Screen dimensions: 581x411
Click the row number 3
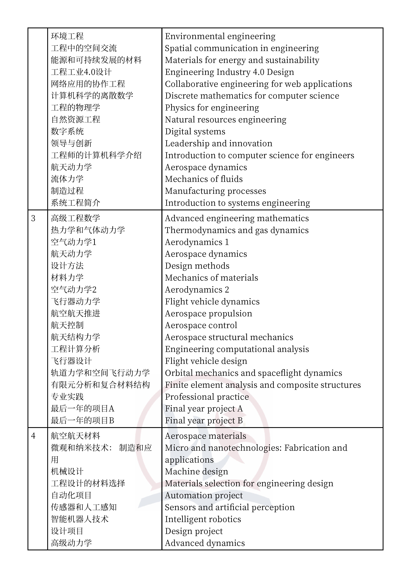(x=33, y=218)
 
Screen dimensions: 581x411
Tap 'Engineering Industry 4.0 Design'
(x=229, y=72)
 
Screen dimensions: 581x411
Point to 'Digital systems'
(x=195, y=132)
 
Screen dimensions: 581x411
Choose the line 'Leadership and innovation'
(x=219, y=143)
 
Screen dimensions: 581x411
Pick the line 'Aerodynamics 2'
(x=197, y=290)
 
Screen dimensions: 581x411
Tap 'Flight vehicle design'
(x=206, y=361)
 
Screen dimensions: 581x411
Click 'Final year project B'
(x=204, y=421)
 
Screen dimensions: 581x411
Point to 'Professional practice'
(x=207, y=397)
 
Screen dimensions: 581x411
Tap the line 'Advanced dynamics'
(x=205, y=543)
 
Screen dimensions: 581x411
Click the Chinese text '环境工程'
(x=67, y=36)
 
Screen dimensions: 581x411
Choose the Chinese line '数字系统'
(x=67, y=131)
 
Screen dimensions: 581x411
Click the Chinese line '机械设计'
(x=67, y=471)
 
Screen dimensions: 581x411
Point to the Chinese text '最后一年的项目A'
(x=83, y=409)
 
